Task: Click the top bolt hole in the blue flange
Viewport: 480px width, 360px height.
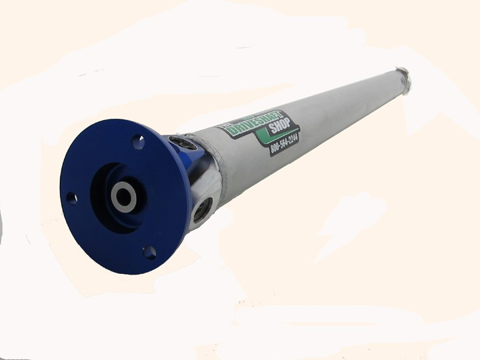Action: point(138,141)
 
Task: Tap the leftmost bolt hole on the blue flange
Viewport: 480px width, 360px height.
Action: point(71,198)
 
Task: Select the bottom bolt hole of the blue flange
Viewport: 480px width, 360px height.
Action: point(149,252)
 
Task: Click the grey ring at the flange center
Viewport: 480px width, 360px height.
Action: point(124,195)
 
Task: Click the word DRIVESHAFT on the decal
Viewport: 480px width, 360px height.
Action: point(255,124)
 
